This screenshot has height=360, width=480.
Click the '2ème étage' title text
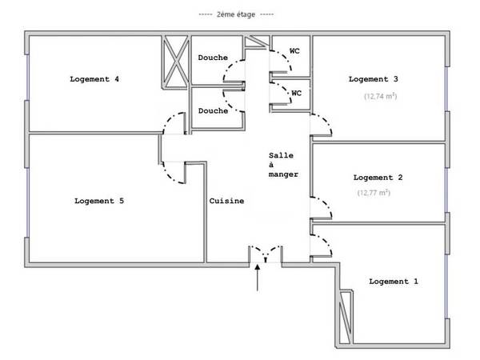pos(236,14)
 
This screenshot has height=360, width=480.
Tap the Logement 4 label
pos(94,79)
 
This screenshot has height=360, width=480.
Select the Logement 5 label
pos(99,201)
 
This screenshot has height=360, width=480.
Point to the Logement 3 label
pos(373,79)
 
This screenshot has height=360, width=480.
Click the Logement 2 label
pos(378,178)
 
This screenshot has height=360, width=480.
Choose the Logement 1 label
pos(394,282)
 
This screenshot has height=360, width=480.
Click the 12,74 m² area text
pos(381,96)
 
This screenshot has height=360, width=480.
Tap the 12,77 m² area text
pos(374,193)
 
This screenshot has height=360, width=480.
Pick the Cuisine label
pos(226,201)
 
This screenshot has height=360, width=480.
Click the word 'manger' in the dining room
pos(283,174)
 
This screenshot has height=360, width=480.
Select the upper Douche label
pos(213,58)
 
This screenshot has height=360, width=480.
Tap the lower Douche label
pos(213,111)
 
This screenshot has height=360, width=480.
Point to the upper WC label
pos(294,51)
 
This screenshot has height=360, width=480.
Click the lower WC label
pos(296,93)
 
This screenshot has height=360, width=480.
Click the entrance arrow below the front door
pos(258,278)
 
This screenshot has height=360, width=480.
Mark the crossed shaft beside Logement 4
pos(174,62)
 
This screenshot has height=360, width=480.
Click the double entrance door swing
pos(266,252)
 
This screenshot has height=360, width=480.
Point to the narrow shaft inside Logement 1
pos(346,317)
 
